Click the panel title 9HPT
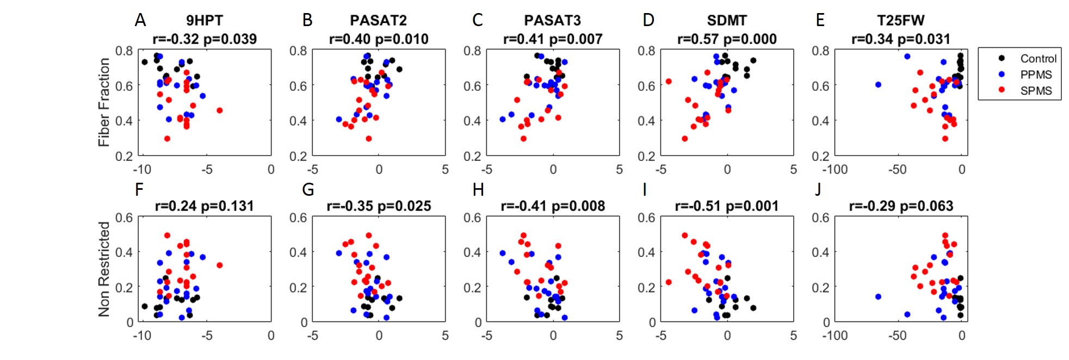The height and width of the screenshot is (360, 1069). [204, 21]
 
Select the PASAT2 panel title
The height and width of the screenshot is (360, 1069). [378, 21]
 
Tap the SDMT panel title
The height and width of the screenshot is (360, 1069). [726, 21]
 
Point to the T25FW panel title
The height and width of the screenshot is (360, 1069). [900, 21]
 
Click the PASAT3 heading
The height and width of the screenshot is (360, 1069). [552, 21]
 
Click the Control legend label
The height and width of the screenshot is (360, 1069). [1038, 59]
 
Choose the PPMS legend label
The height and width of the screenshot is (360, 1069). [1036, 75]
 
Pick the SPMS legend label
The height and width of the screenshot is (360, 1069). [1036, 91]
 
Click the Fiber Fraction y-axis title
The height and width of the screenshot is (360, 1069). [103, 102]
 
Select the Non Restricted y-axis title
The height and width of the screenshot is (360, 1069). [103, 269]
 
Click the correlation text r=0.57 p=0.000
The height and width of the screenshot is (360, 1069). [727, 39]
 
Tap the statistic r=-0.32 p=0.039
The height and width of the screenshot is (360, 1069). [205, 39]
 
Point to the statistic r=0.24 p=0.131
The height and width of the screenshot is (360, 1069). [205, 206]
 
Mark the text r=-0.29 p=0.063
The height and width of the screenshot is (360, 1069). [901, 206]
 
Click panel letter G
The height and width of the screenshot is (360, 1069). [308, 189]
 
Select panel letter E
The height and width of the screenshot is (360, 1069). [820, 21]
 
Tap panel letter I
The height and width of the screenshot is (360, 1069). [645, 189]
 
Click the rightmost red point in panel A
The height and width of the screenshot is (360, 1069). [220, 110]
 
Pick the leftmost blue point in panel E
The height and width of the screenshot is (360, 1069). [878, 84]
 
